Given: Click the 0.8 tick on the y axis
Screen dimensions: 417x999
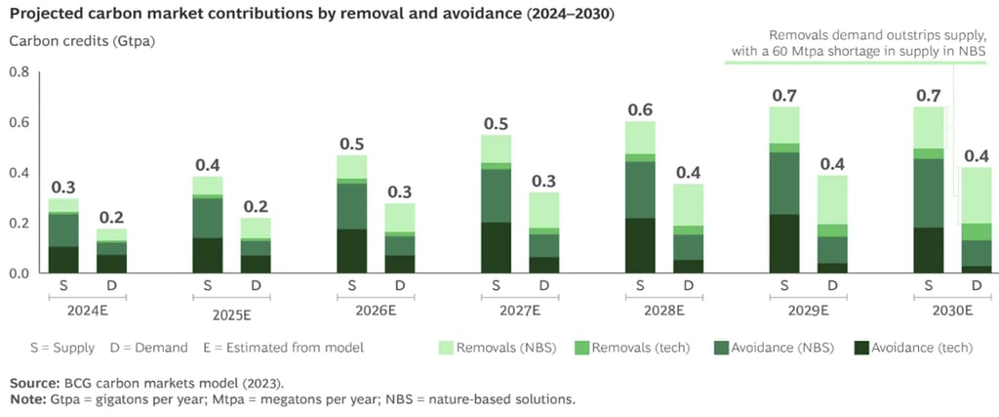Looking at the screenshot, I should tap(19, 71).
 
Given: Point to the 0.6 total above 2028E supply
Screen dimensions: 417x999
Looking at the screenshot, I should tap(640, 105).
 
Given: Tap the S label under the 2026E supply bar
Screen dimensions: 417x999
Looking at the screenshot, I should tap(352, 286).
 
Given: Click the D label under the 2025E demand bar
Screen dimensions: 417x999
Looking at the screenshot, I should tap(256, 286).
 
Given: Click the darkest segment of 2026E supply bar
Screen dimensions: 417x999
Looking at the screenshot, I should tap(352, 251).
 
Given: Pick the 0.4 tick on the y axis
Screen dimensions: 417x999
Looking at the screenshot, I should tap(19, 173).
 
